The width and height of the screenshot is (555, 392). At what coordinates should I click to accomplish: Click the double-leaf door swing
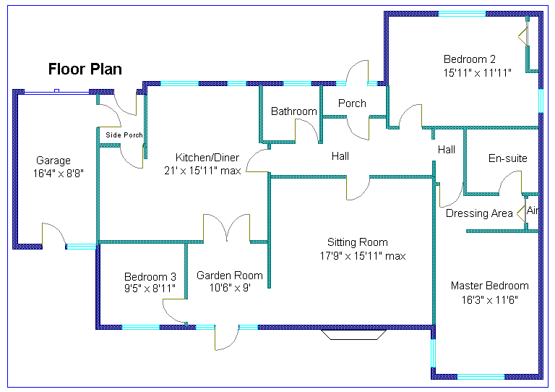[227, 228]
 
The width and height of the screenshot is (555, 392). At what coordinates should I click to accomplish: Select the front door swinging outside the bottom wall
[226, 338]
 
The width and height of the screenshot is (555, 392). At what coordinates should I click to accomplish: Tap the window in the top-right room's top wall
[462, 14]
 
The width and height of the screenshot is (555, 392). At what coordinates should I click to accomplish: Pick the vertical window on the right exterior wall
[541, 101]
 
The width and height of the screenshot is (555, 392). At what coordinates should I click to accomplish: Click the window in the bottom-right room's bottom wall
[481, 377]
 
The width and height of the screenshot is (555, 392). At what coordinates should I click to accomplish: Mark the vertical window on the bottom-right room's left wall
[434, 353]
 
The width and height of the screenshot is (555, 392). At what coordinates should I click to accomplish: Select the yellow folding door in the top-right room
[523, 35]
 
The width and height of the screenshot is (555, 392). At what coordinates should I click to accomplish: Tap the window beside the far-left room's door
[82, 247]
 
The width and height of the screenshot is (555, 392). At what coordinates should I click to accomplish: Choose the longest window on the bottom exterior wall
[140, 328]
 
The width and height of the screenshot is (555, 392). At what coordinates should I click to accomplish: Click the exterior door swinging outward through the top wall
[358, 73]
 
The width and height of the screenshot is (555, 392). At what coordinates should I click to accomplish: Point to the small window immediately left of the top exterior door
[341, 84]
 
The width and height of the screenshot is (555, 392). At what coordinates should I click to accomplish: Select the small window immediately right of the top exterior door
[372, 84]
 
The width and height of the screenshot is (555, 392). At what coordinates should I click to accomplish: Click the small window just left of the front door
[205, 328]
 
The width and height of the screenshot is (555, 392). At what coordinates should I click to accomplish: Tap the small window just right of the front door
[249, 328]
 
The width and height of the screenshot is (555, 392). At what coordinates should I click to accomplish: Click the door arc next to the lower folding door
[510, 182]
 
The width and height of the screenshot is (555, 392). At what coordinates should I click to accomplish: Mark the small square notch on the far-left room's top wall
[56, 90]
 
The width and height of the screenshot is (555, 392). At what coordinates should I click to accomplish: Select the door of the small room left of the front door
[175, 310]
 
